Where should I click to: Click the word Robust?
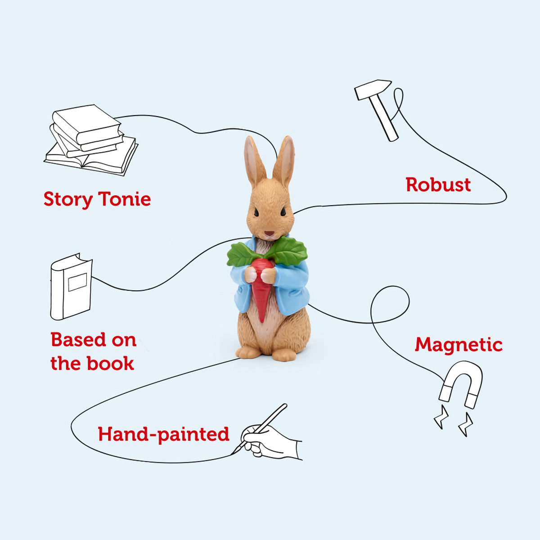pos(438,185)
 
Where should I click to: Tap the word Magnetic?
pos(458,345)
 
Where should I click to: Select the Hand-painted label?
pos(163,434)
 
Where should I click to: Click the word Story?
pos(68,199)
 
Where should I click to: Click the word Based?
pos(79,340)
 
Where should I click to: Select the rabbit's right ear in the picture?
pos(285,160)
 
